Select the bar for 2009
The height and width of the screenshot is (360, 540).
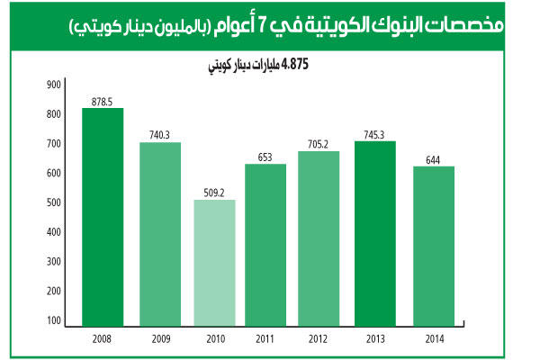pos(160,233)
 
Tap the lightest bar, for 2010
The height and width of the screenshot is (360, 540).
pos(214,262)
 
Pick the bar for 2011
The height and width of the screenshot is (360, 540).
pos(265,244)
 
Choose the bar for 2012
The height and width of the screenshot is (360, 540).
pos(319,238)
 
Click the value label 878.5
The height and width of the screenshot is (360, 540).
pos(103,101)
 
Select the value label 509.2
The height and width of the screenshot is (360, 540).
pos(213,192)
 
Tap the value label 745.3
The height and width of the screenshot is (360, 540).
pos(374,134)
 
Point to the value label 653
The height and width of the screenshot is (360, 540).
pos(265,157)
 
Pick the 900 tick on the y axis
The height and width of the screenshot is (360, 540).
pos(53,85)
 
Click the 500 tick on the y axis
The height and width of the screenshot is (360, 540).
pos(53,202)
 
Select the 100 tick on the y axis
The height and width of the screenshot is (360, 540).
pos(53,320)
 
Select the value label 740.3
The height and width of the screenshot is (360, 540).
pos(160,135)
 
